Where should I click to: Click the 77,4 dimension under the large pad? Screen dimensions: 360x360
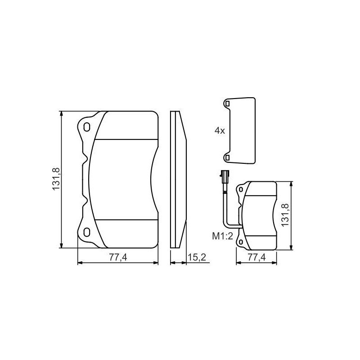click(118, 257)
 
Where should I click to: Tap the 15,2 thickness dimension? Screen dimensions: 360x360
click(197, 257)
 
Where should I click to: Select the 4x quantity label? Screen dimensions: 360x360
click(220, 131)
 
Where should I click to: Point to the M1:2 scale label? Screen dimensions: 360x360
click(222, 236)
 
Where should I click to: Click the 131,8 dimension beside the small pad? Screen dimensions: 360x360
click(285, 215)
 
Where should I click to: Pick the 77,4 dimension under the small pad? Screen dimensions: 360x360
click(256, 257)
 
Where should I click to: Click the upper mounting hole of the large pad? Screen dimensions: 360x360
click(86, 127)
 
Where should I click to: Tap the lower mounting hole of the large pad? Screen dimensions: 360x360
click(86, 232)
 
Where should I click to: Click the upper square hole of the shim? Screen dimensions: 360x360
click(227, 104)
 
